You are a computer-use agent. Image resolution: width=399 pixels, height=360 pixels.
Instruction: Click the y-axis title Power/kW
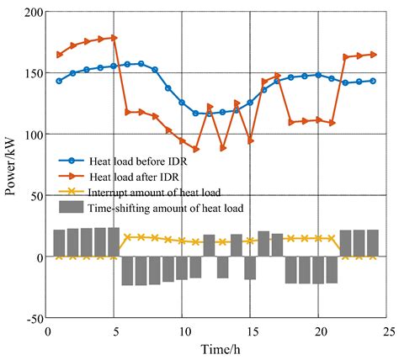(12, 165)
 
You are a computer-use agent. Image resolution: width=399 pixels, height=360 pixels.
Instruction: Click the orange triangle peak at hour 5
(114, 38)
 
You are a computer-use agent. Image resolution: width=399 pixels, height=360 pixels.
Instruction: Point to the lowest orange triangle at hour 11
(195, 149)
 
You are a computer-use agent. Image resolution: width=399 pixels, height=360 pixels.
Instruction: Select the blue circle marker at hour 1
(59, 81)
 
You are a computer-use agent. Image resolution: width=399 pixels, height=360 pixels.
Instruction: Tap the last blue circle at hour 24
(373, 81)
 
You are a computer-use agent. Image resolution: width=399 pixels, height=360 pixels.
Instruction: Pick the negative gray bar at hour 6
(127, 271)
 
